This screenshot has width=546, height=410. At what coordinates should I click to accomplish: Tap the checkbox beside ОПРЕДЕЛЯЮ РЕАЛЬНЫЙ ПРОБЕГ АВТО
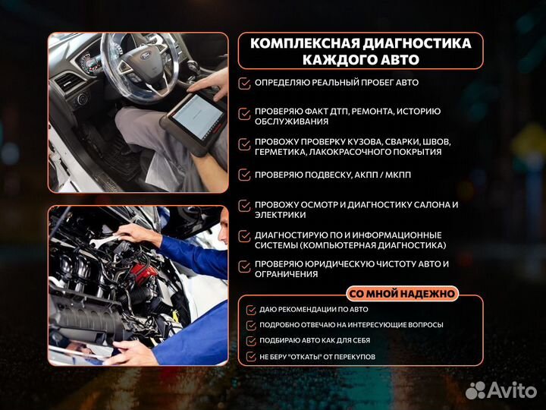pyautogui.click(x=244, y=83)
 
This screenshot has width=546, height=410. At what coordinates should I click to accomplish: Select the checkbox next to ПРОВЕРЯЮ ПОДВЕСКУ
pyautogui.click(x=244, y=175)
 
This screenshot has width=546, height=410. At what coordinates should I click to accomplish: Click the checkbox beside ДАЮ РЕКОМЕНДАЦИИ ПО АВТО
pyautogui.click(x=251, y=310)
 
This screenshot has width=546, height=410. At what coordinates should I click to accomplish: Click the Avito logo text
pyautogui.click(x=512, y=390)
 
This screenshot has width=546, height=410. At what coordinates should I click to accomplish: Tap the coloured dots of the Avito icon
pyautogui.click(x=475, y=390)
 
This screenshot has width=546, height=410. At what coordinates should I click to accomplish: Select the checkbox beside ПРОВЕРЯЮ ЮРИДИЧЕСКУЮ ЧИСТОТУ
pyautogui.click(x=244, y=266)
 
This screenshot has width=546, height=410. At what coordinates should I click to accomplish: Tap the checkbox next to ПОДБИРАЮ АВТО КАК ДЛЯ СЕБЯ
pyautogui.click(x=251, y=341)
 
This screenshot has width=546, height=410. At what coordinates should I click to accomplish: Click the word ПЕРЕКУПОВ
pyautogui.click(x=352, y=357)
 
